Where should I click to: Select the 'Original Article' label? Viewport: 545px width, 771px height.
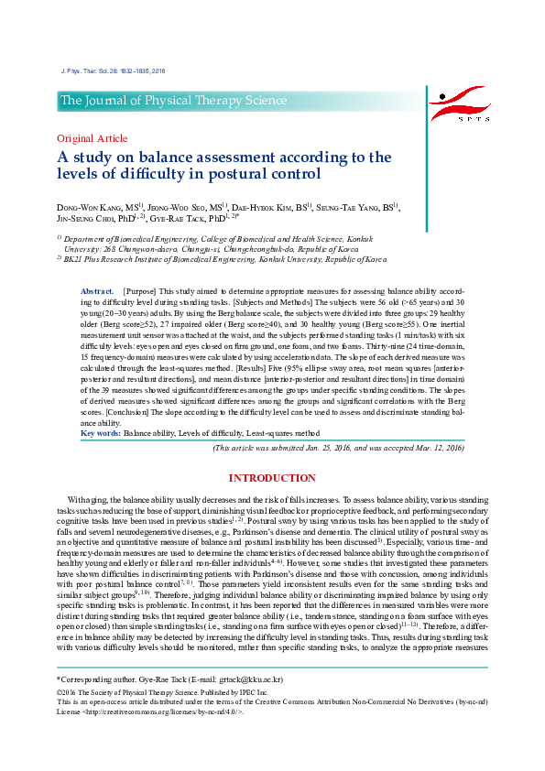click(x=93, y=138)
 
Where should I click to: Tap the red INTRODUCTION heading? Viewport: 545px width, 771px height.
click(x=272, y=478)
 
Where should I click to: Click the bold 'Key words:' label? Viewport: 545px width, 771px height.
click(x=101, y=432)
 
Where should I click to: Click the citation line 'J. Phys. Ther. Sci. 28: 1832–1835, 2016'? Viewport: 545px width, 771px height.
click(x=113, y=71)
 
